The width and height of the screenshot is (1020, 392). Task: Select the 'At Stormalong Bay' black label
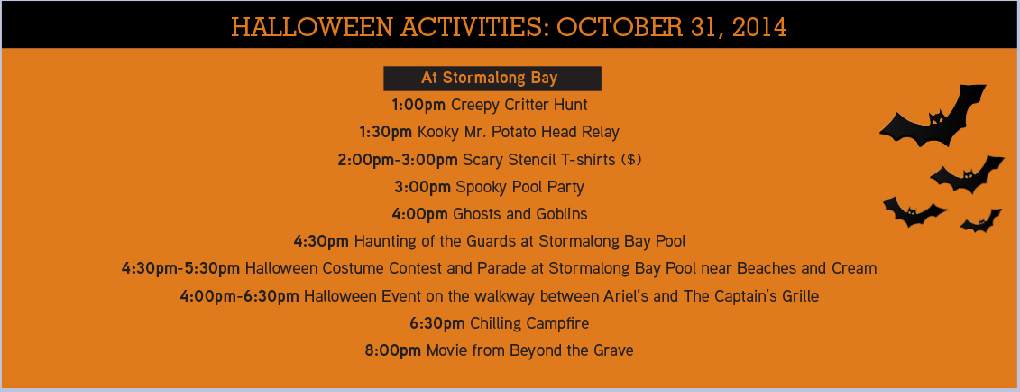click(x=492, y=79)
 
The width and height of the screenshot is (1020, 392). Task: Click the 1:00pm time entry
click(x=418, y=105)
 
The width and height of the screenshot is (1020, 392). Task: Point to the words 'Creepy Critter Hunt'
click(x=519, y=105)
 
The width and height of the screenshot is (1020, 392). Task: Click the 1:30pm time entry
click(x=386, y=132)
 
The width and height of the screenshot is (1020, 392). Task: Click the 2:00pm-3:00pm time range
click(x=398, y=160)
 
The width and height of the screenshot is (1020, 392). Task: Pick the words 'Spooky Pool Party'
click(x=519, y=187)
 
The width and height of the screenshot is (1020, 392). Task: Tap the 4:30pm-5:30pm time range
click(x=181, y=268)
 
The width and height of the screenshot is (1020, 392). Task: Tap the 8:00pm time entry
click(x=393, y=350)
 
